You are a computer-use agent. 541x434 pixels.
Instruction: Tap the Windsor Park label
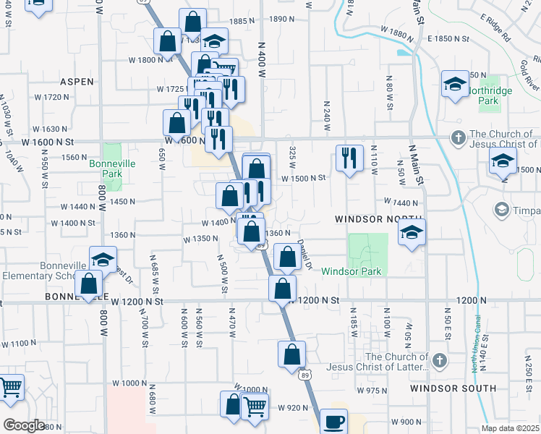[351, 271]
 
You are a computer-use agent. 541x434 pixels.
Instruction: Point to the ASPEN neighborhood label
[77, 82]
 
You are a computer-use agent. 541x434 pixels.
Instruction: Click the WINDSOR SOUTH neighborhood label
[453, 388]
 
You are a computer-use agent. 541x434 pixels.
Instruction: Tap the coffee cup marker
[333, 421]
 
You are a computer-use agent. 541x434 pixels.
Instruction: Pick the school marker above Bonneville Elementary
[103, 259]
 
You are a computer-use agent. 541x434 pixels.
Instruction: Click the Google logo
[24, 425]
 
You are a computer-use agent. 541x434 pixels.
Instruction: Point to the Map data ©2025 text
[510, 428]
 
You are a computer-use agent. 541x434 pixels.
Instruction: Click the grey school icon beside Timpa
[500, 210]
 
